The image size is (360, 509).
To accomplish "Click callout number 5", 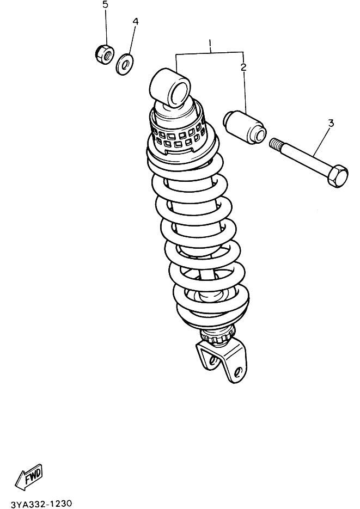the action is [x=105, y=5].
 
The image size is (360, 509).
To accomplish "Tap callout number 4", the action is [x=136, y=21].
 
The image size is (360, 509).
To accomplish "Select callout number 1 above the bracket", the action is [x=210, y=43].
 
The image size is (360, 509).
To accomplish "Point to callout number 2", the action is [x=243, y=67].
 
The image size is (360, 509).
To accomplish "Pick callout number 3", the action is [x=331, y=123].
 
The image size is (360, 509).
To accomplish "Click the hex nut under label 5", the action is [x=105, y=54].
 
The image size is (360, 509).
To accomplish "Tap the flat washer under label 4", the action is [x=124, y=65].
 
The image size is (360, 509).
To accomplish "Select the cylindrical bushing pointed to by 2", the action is [x=244, y=127].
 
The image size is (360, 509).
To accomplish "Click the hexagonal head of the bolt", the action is [x=338, y=176].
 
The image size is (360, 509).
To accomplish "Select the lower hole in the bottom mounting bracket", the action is [x=237, y=372].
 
